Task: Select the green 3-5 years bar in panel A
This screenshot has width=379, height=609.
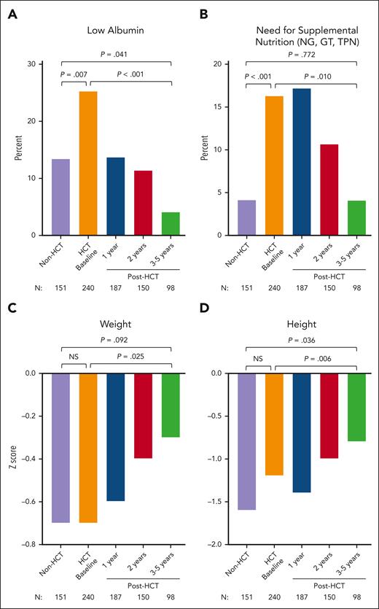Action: [x=171, y=224]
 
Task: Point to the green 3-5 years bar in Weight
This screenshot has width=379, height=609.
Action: [x=171, y=405]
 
